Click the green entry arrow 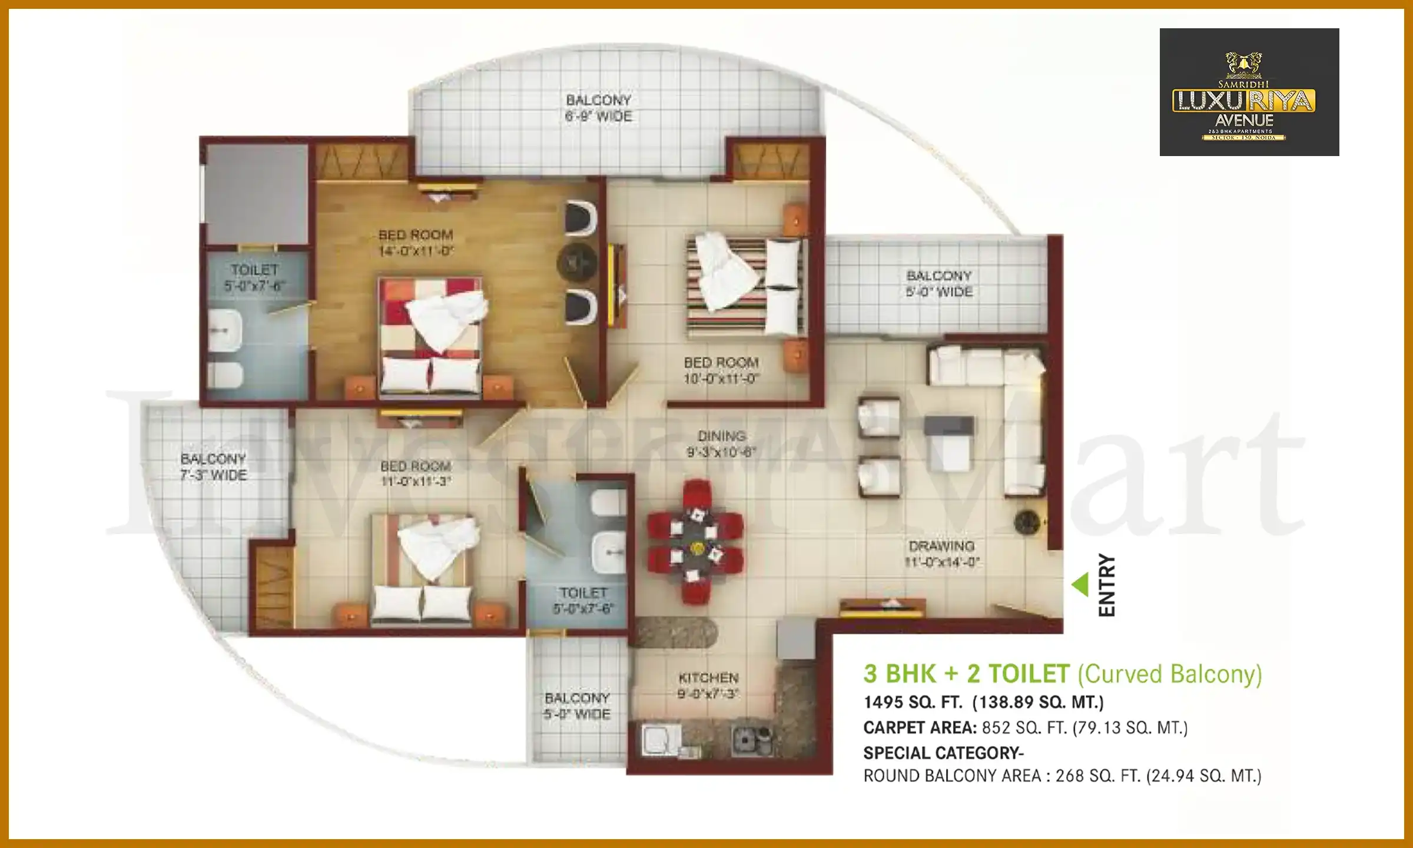[1080, 584]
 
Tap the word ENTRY [1107, 585]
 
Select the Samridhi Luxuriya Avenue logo [1249, 92]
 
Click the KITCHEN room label [708, 685]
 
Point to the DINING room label [721, 443]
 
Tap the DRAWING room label [941, 554]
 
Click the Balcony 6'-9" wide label [598, 108]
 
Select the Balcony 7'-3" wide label [213, 466]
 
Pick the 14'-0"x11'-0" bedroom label [416, 243]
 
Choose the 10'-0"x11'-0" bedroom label [721, 370]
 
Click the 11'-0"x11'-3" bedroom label [416, 473]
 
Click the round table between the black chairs [577, 262]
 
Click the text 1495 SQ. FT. [913, 703]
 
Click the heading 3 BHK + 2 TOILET [966, 674]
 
